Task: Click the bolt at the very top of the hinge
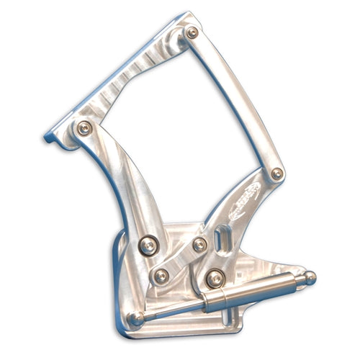[192, 32]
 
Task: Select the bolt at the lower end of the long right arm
[277, 174]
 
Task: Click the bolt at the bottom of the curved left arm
[148, 245]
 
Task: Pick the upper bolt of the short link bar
[199, 245]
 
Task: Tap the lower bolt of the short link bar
[162, 274]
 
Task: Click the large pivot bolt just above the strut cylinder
[213, 276]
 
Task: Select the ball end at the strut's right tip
[309, 276]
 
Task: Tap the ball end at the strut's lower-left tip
[135, 319]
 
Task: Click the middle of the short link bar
[181, 259]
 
